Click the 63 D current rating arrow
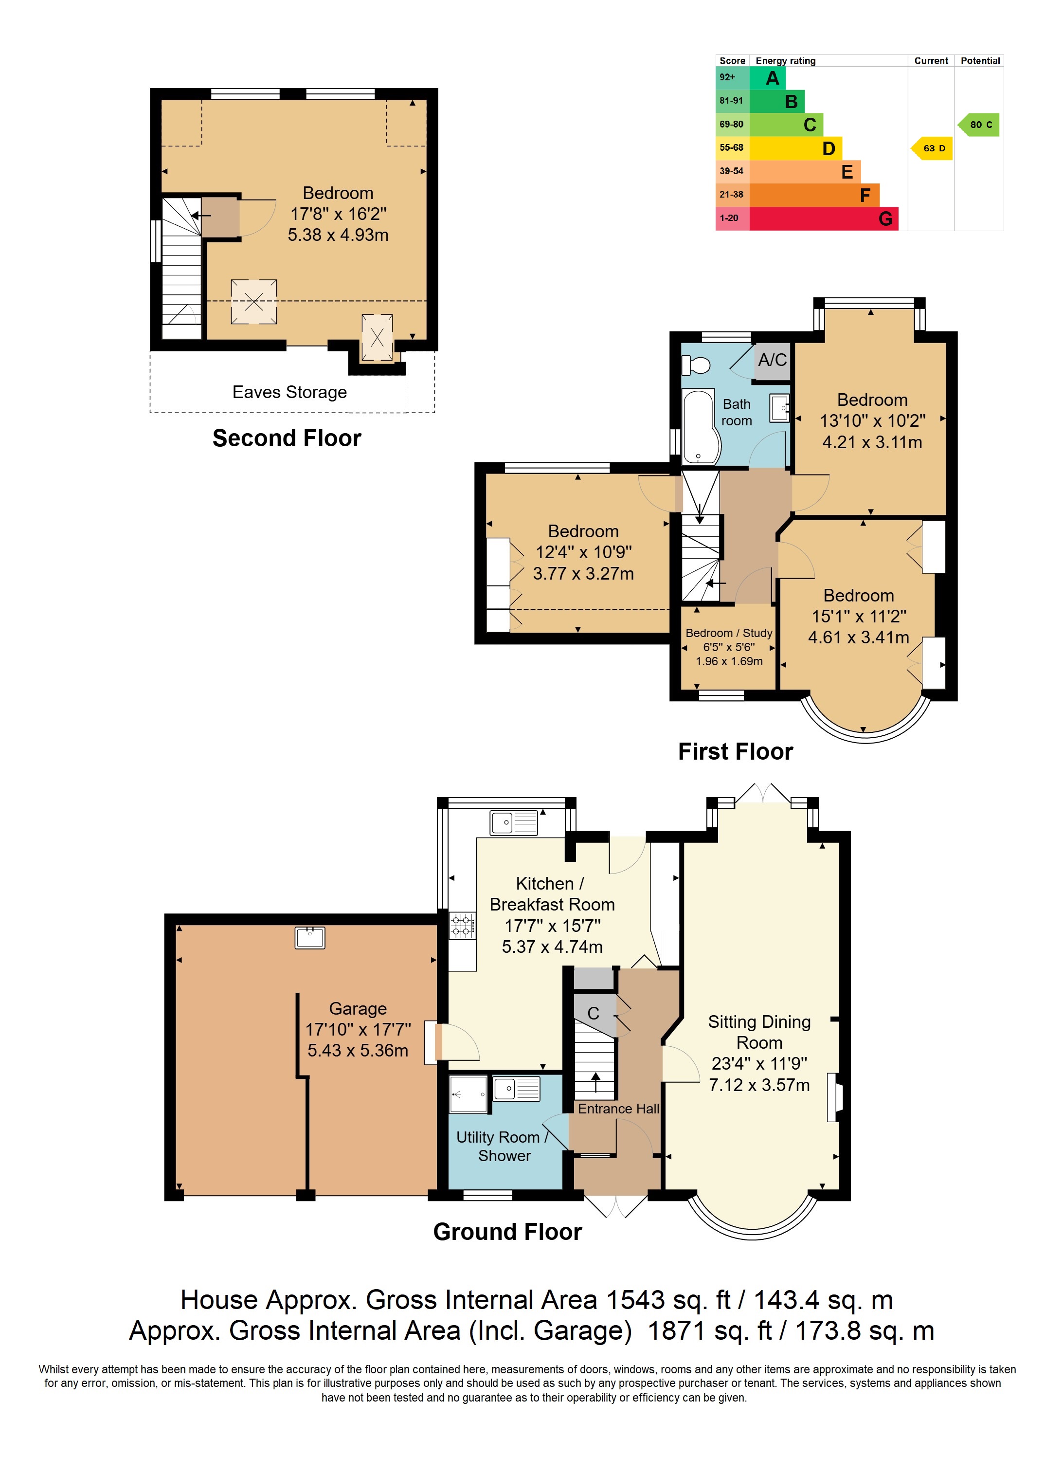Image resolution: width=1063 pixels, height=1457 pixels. [932, 148]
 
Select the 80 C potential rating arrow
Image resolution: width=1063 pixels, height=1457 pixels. [979, 125]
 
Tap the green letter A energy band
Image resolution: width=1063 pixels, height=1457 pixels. [768, 78]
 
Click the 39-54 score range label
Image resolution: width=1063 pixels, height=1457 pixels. [732, 171]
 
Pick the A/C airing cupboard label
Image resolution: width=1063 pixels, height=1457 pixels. [772, 360]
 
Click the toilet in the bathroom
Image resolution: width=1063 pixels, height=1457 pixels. [696, 365]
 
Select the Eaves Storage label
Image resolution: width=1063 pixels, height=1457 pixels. [289, 392]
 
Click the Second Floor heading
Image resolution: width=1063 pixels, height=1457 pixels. [287, 438]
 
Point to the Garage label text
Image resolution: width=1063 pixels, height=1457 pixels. [358, 1008]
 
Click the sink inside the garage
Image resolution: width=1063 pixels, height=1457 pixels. [309, 938]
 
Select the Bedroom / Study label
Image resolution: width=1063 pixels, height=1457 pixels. [729, 633]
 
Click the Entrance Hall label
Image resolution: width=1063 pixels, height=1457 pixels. [618, 1108]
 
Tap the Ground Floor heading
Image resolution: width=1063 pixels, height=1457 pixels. [508, 1232]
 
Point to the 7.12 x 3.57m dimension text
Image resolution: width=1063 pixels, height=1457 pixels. [759, 1085]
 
